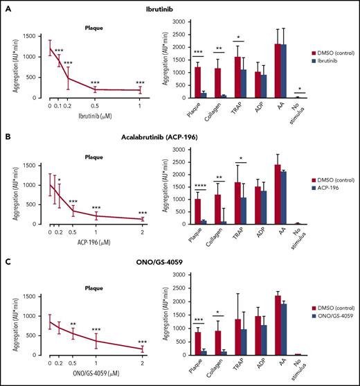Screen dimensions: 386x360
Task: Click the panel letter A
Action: [5, 6]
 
